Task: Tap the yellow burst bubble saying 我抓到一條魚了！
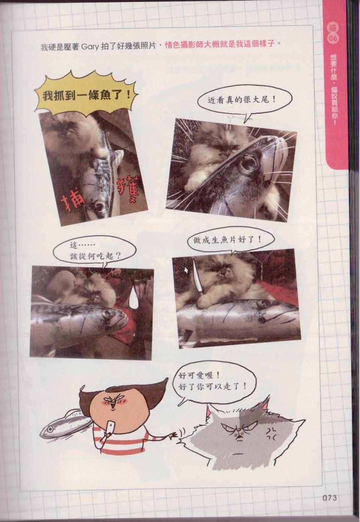(x=86, y=94)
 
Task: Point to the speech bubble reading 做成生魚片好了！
(x=231, y=240)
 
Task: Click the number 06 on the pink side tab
(x=333, y=38)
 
